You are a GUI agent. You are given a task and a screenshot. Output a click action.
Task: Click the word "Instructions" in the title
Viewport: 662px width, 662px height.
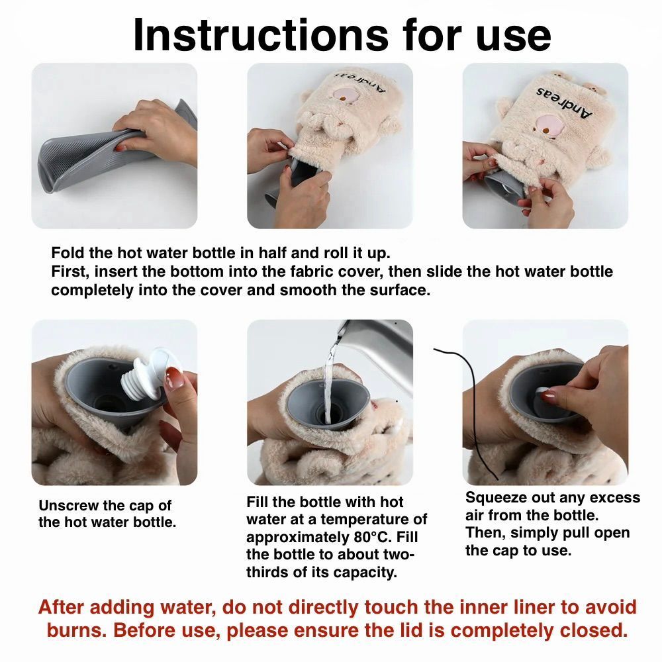(260, 35)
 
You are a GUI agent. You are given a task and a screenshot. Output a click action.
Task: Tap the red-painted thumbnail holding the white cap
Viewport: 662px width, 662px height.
(174, 378)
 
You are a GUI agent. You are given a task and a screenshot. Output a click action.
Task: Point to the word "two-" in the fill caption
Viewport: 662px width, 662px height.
(400, 555)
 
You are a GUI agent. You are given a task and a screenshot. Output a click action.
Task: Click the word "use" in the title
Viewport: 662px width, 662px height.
(514, 36)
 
